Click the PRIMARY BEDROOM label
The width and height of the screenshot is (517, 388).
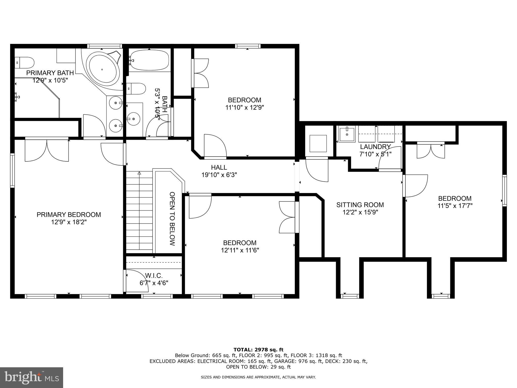[69, 215]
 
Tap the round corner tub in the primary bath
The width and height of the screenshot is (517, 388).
[102, 69]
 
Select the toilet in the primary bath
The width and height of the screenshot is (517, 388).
[24, 62]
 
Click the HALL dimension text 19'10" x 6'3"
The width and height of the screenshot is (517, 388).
[219, 175]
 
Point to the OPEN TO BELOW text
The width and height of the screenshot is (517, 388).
[172, 219]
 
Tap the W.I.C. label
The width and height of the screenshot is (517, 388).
[154, 276]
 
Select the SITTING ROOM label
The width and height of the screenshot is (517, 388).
[360, 205]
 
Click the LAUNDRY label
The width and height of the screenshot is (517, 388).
[375, 147]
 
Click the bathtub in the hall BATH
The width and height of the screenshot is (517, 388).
[149, 60]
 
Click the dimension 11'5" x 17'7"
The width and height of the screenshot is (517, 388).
[455, 206]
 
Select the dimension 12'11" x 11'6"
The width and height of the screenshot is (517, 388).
[240, 250]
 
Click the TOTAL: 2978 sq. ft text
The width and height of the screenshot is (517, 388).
[258, 350]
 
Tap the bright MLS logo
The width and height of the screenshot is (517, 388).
[31, 377]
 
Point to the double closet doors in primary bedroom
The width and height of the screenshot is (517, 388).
[47, 151]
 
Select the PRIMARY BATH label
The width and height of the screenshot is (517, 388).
[50, 73]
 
